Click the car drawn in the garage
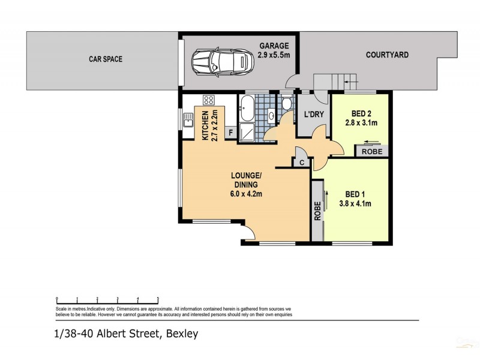(219, 61)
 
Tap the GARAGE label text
(274, 45)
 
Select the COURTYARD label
(387, 55)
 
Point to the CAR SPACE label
(102, 59)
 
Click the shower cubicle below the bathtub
(247, 132)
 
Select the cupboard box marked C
(300, 162)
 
